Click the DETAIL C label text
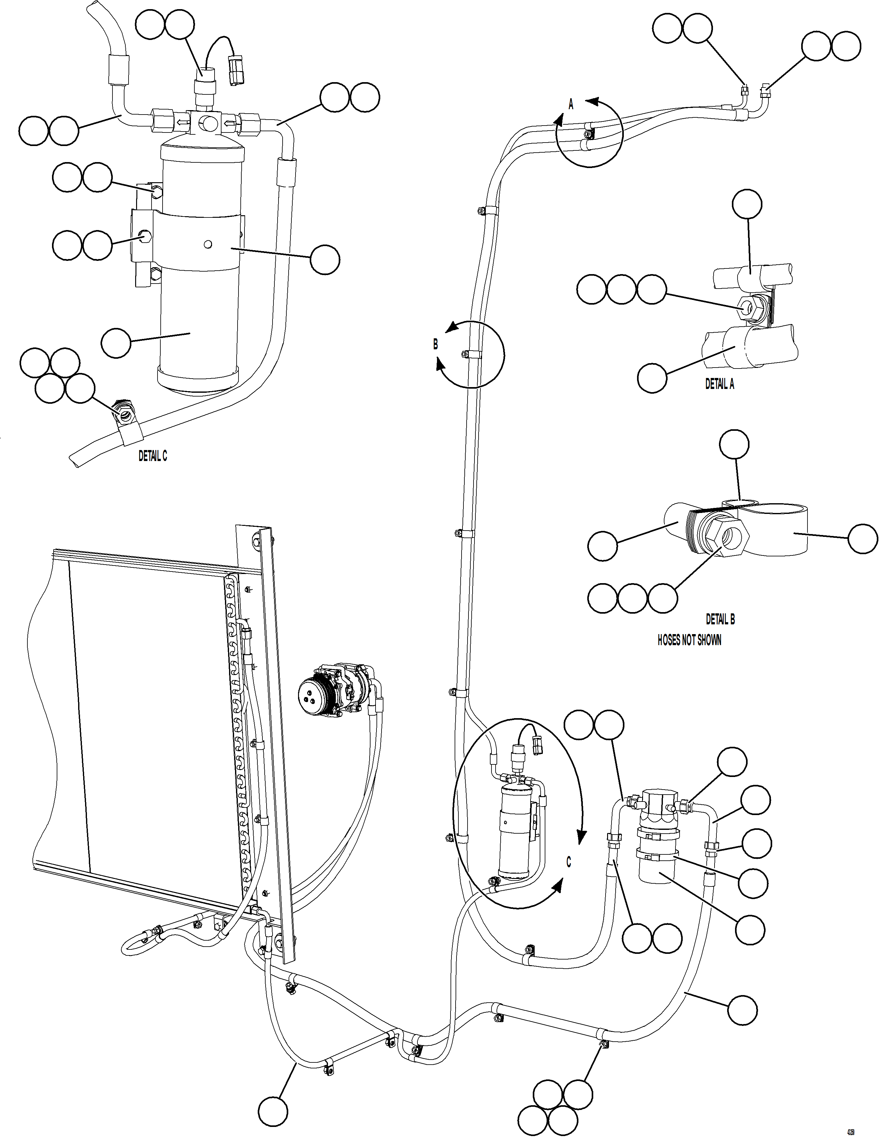(x=153, y=456)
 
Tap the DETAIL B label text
(x=720, y=619)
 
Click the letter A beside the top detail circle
(x=571, y=105)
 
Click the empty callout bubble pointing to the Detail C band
(x=325, y=260)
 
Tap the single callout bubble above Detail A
(x=747, y=204)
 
